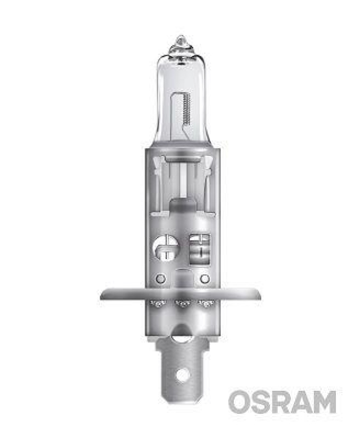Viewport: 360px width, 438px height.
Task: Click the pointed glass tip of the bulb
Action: [x=180, y=41]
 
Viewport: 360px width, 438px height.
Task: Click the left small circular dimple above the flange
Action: [x=161, y=279]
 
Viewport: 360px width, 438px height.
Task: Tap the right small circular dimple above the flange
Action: [x=204, y=279]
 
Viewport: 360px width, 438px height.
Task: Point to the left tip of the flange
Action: [x=102, y=295]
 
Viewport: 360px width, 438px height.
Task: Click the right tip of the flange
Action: [x=259, y=295]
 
